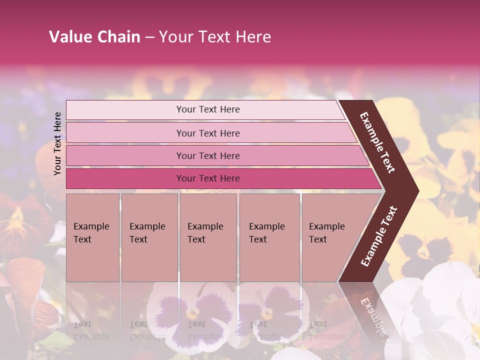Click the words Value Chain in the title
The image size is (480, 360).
pyautogui.click(x=94, y=37)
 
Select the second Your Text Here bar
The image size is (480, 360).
pyautogui.click(x=208, y=133)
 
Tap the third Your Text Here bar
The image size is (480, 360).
pyautogui.click(x=208, y=156)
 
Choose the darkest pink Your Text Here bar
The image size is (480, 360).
pyautogui.click(x=208, y=178)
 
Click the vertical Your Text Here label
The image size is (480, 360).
pyautogui.click(x=57, y=143)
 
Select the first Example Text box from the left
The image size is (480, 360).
pyautogui.click(x=92, y=237)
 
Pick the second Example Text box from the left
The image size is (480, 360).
pyautogui.click(x=149, y=237)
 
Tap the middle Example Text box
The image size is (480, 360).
pyautogui.click(x=208, y=237)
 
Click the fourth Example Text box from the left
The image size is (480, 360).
pyautogui.click(x=269, y=237)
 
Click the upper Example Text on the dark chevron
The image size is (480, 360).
pyautogui.click(x=377, y=142)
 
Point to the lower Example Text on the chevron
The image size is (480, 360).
pyautogui.click(x=379, y=236)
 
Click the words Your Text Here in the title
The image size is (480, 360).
pyautogui.click(x=215, y=37)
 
